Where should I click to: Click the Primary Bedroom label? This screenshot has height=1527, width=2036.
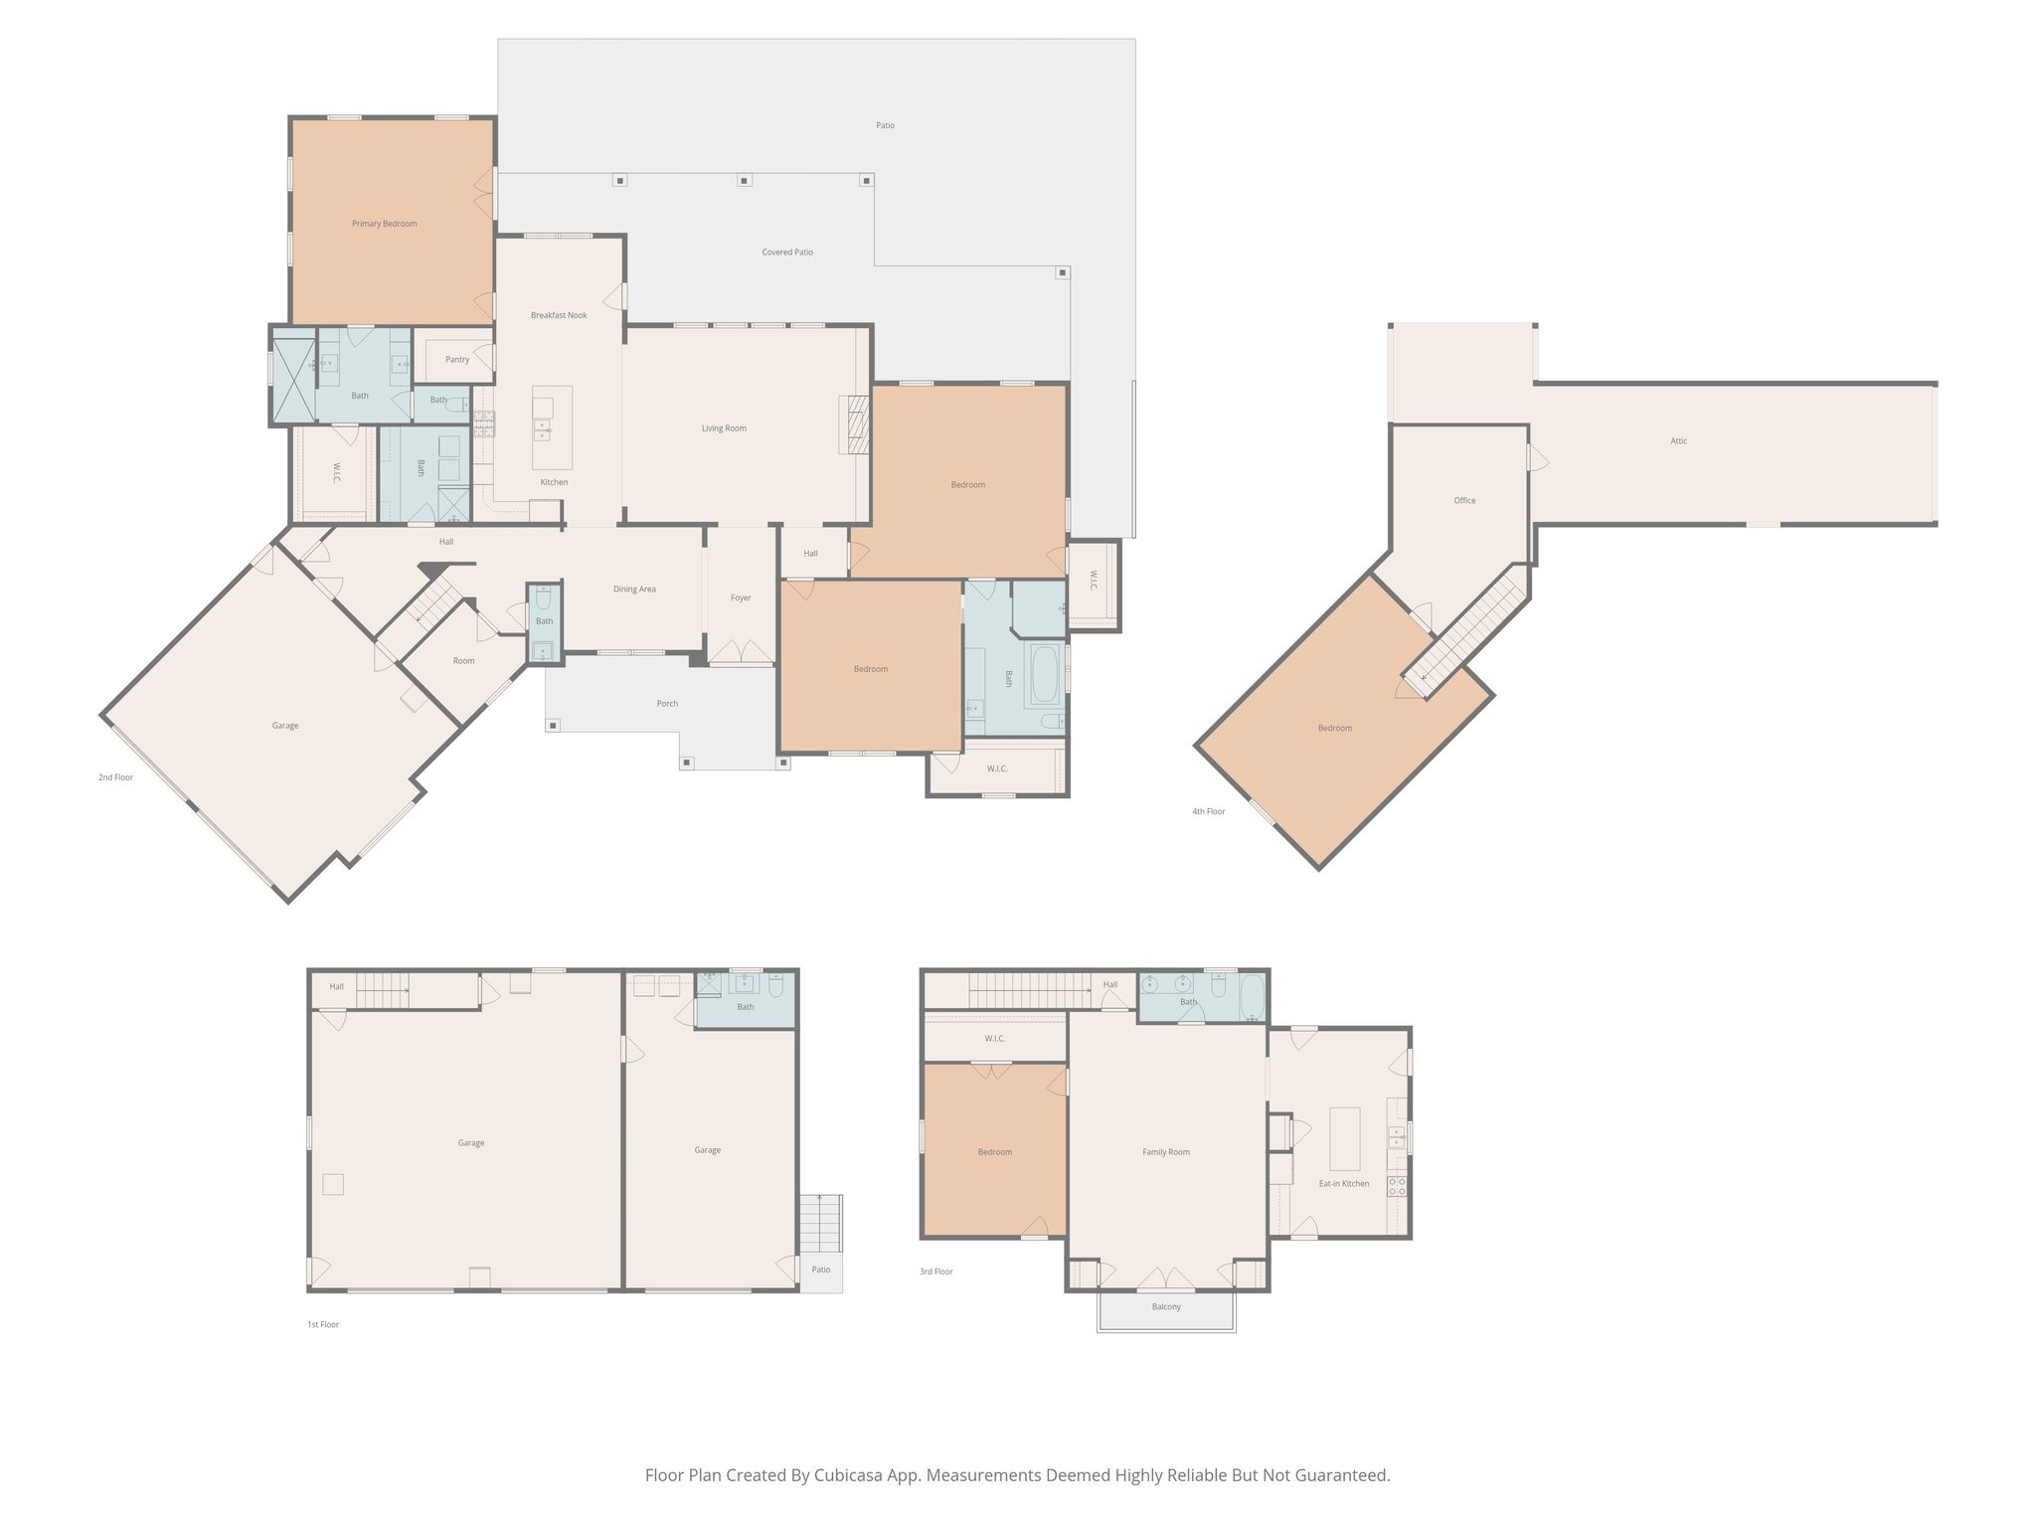pyautogui.click(x=384, y=224)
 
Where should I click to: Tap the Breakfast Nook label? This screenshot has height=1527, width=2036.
pyautogui.click(x=559, y=315)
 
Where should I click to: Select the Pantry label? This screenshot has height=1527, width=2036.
pyautogui.click(x=457, y=360)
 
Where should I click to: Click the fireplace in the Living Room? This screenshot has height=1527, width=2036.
pyautogui.click(x=855, y=424)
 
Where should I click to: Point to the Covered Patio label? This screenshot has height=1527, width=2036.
pyautogui.click(x=787, y=253)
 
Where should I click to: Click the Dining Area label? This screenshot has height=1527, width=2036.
pyautogui.click(x=634, y=590)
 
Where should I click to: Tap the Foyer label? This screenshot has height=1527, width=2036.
pyautogui.click(x=741, y=598)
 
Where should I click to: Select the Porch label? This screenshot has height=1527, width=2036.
pyautogui.click(x=667, y=704)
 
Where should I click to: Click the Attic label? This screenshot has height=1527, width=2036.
pyautogui.click(x=1678, y=441)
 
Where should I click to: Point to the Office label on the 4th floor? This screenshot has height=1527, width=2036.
pyautogui.click(x=1464, y=501)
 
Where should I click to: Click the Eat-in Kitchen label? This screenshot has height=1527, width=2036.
pyautogui.click(x=1344, y=1184)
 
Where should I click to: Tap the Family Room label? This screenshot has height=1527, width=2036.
pyautogui.click(x=1166, y=1152)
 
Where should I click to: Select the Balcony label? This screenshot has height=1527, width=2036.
pyautogui.click(x=1166, y=1307)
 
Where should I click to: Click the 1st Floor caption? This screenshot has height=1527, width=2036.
pyautogui.click(x=323, y=1325)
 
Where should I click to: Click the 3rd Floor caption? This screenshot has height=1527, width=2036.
pyautogui.click(x=936, y=1272)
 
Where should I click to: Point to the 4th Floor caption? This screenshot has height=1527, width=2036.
pyautogui.click(x=1209, y=812)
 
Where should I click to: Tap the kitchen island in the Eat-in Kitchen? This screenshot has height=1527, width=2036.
pyautogui.click(x=1345, y=1138)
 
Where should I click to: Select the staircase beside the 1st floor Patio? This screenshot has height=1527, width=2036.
pyautogui.click(x=821, y=1224)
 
